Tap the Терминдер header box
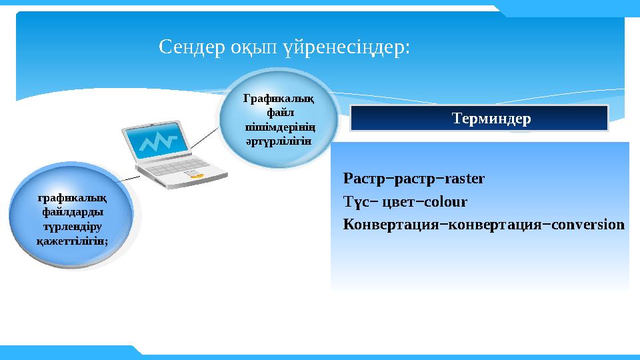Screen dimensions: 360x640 [x=479, y=119]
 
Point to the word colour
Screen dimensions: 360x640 [x=445, y=202]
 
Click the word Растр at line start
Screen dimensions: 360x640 [x=363, y=179]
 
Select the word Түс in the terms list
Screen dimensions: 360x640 [x=355, y=202]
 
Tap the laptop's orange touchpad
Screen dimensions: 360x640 [x=196, y=175]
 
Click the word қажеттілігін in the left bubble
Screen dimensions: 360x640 [x=72, y=240]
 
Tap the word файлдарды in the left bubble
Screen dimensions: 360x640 [x=72, y=212]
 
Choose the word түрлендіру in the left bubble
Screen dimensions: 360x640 [x=72, y=226]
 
